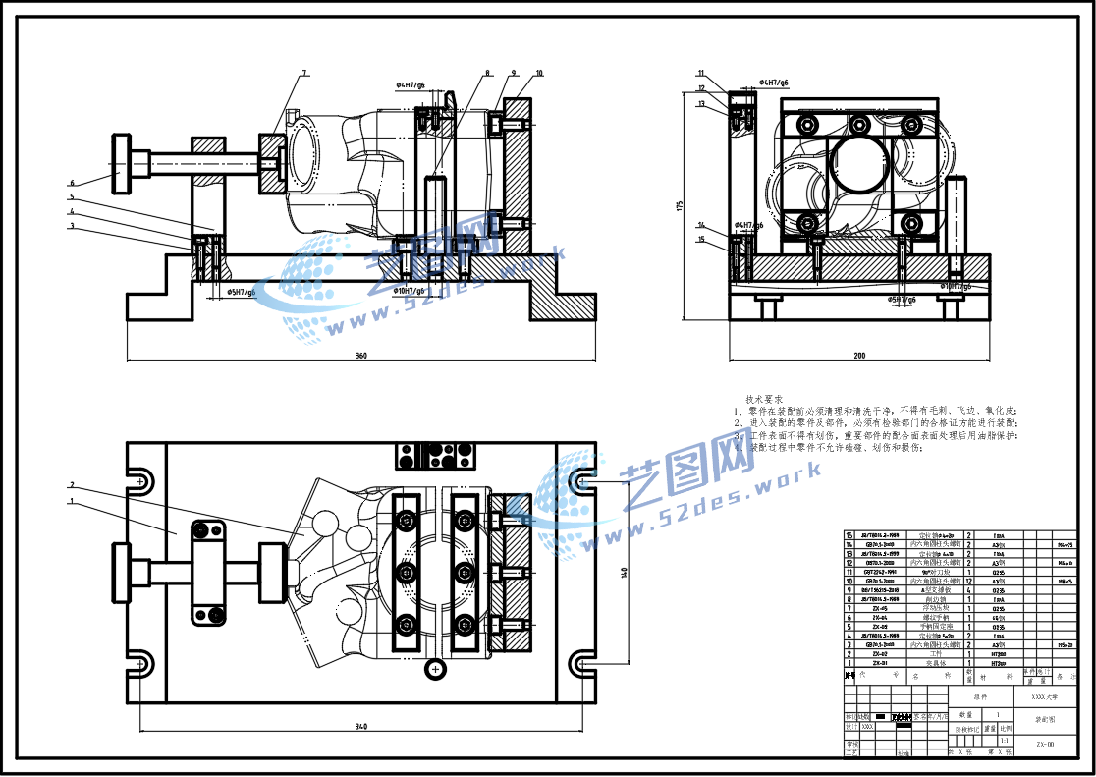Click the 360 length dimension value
point(361,355)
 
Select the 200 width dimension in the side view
point(859,355)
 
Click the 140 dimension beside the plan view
point(624,574)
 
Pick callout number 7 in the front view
point(304,73)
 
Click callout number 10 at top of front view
point(539,73)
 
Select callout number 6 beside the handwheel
point(72,183)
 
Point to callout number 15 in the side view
point(701,239)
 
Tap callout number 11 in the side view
point(701,73)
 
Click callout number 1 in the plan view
point(72,501)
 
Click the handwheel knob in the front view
point(121,164)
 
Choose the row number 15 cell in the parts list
point(849,535)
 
